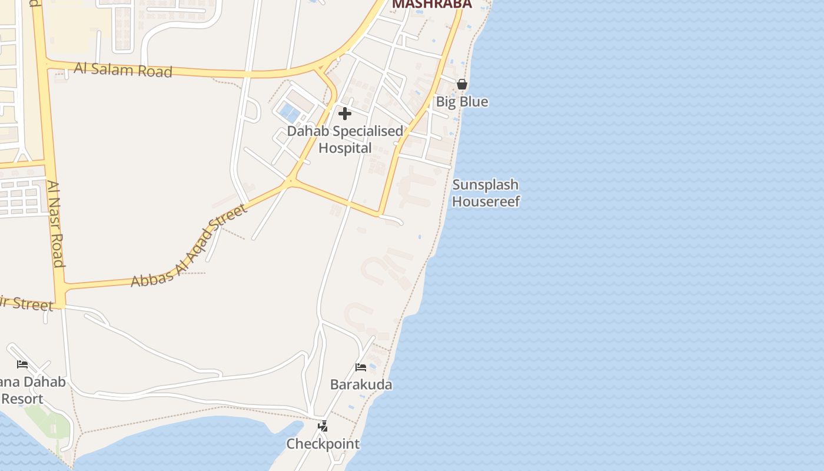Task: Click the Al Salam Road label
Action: (x=122, y=70)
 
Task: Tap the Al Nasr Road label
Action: (x=57, y=224)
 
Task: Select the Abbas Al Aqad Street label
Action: (x=188, y=246)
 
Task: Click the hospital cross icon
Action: (x=345, y=114)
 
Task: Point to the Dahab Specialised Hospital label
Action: (x=345, y=140)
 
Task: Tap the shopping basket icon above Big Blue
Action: (x=462, y=84)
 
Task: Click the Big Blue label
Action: (x=462, y=102)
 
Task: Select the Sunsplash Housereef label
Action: (x=486, y=193)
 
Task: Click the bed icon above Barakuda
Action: (x=361, y=367)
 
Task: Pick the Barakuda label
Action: (x=361, y=384)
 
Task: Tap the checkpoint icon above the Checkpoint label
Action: (x=323, y=426)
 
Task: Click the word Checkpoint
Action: (x=323, y=443)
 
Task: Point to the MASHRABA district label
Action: (x=432, y=4)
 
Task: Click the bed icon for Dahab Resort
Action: (x=22, y=364)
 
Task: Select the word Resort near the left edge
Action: (x=22, y=399)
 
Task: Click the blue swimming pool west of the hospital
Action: (x=289, y=111)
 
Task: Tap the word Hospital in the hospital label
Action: (x=345, y=148)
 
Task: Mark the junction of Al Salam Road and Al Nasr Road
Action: (x=46, y=64)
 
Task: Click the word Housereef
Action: (x=486, y=202)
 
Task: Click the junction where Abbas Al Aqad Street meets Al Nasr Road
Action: (x=61, y=288)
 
